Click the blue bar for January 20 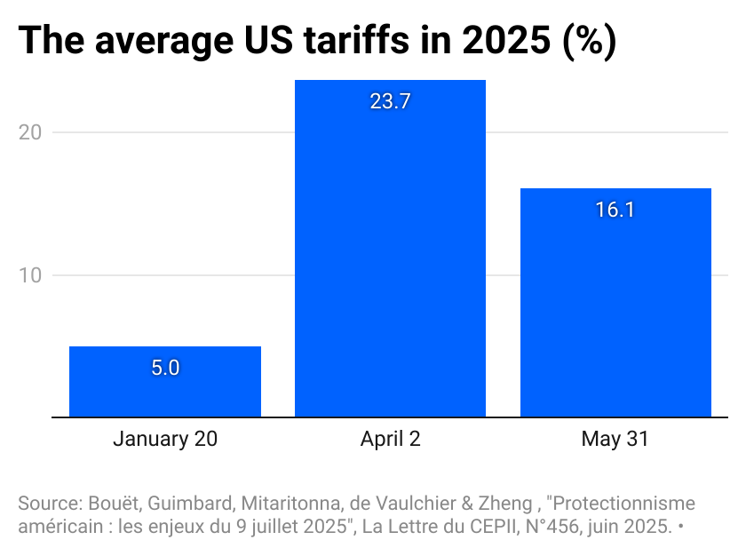pyautogui.click(x=164, y=381)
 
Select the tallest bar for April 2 pyautogui.click(x=390, y=249)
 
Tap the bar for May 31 pyautogui.click(x=615, y=302)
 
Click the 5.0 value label pyautogui.click(x=164, y=368)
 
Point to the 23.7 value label pyautogui.click(x=390, y=101)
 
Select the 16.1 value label pyautogui.click(x=615, y=210)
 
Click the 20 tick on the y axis pyautogui.click(x=31, y=132)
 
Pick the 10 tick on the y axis pyautogui.click(x=31, y=275)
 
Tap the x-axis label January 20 pyautogui.click(x=164, y=439)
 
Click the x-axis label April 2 pyautogui.click(x=390, y=439)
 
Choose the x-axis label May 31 pyautogui.click(x=615, y=439)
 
